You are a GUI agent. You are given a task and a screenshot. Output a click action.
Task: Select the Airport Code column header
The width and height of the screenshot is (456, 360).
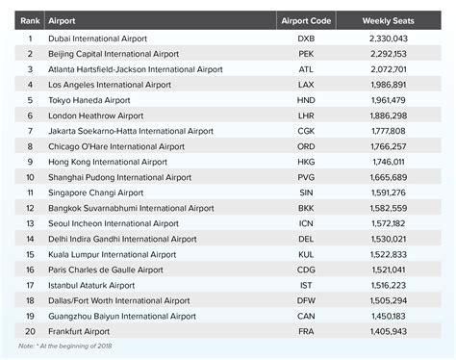pyautogui.click(x=306, y=19)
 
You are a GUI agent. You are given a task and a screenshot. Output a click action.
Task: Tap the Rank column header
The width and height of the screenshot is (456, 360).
pyautogui.click(x=30, y=19)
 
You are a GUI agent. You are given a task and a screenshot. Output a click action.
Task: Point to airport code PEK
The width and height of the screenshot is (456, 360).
pyautogui.click(x=307, y=54)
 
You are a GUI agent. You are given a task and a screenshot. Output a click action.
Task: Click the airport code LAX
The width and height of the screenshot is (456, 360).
pyautogui.click(x=307, y=85)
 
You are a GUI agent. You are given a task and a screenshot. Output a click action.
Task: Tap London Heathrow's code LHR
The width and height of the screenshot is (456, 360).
pyautogui.click(x=307, y=116)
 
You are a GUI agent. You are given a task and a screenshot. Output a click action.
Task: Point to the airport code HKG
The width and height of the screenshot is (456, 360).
pyautogui.click(x=307, y=162)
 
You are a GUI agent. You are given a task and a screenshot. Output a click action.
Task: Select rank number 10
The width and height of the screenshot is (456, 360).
pyautogui.click(x=30, y=177)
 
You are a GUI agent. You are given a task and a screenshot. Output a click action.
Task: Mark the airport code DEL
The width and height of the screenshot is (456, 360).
pyautogui.click(x=307, y=239)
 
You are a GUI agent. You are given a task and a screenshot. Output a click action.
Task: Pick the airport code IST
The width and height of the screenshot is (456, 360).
pyautogui.click(x=307, y=285)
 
